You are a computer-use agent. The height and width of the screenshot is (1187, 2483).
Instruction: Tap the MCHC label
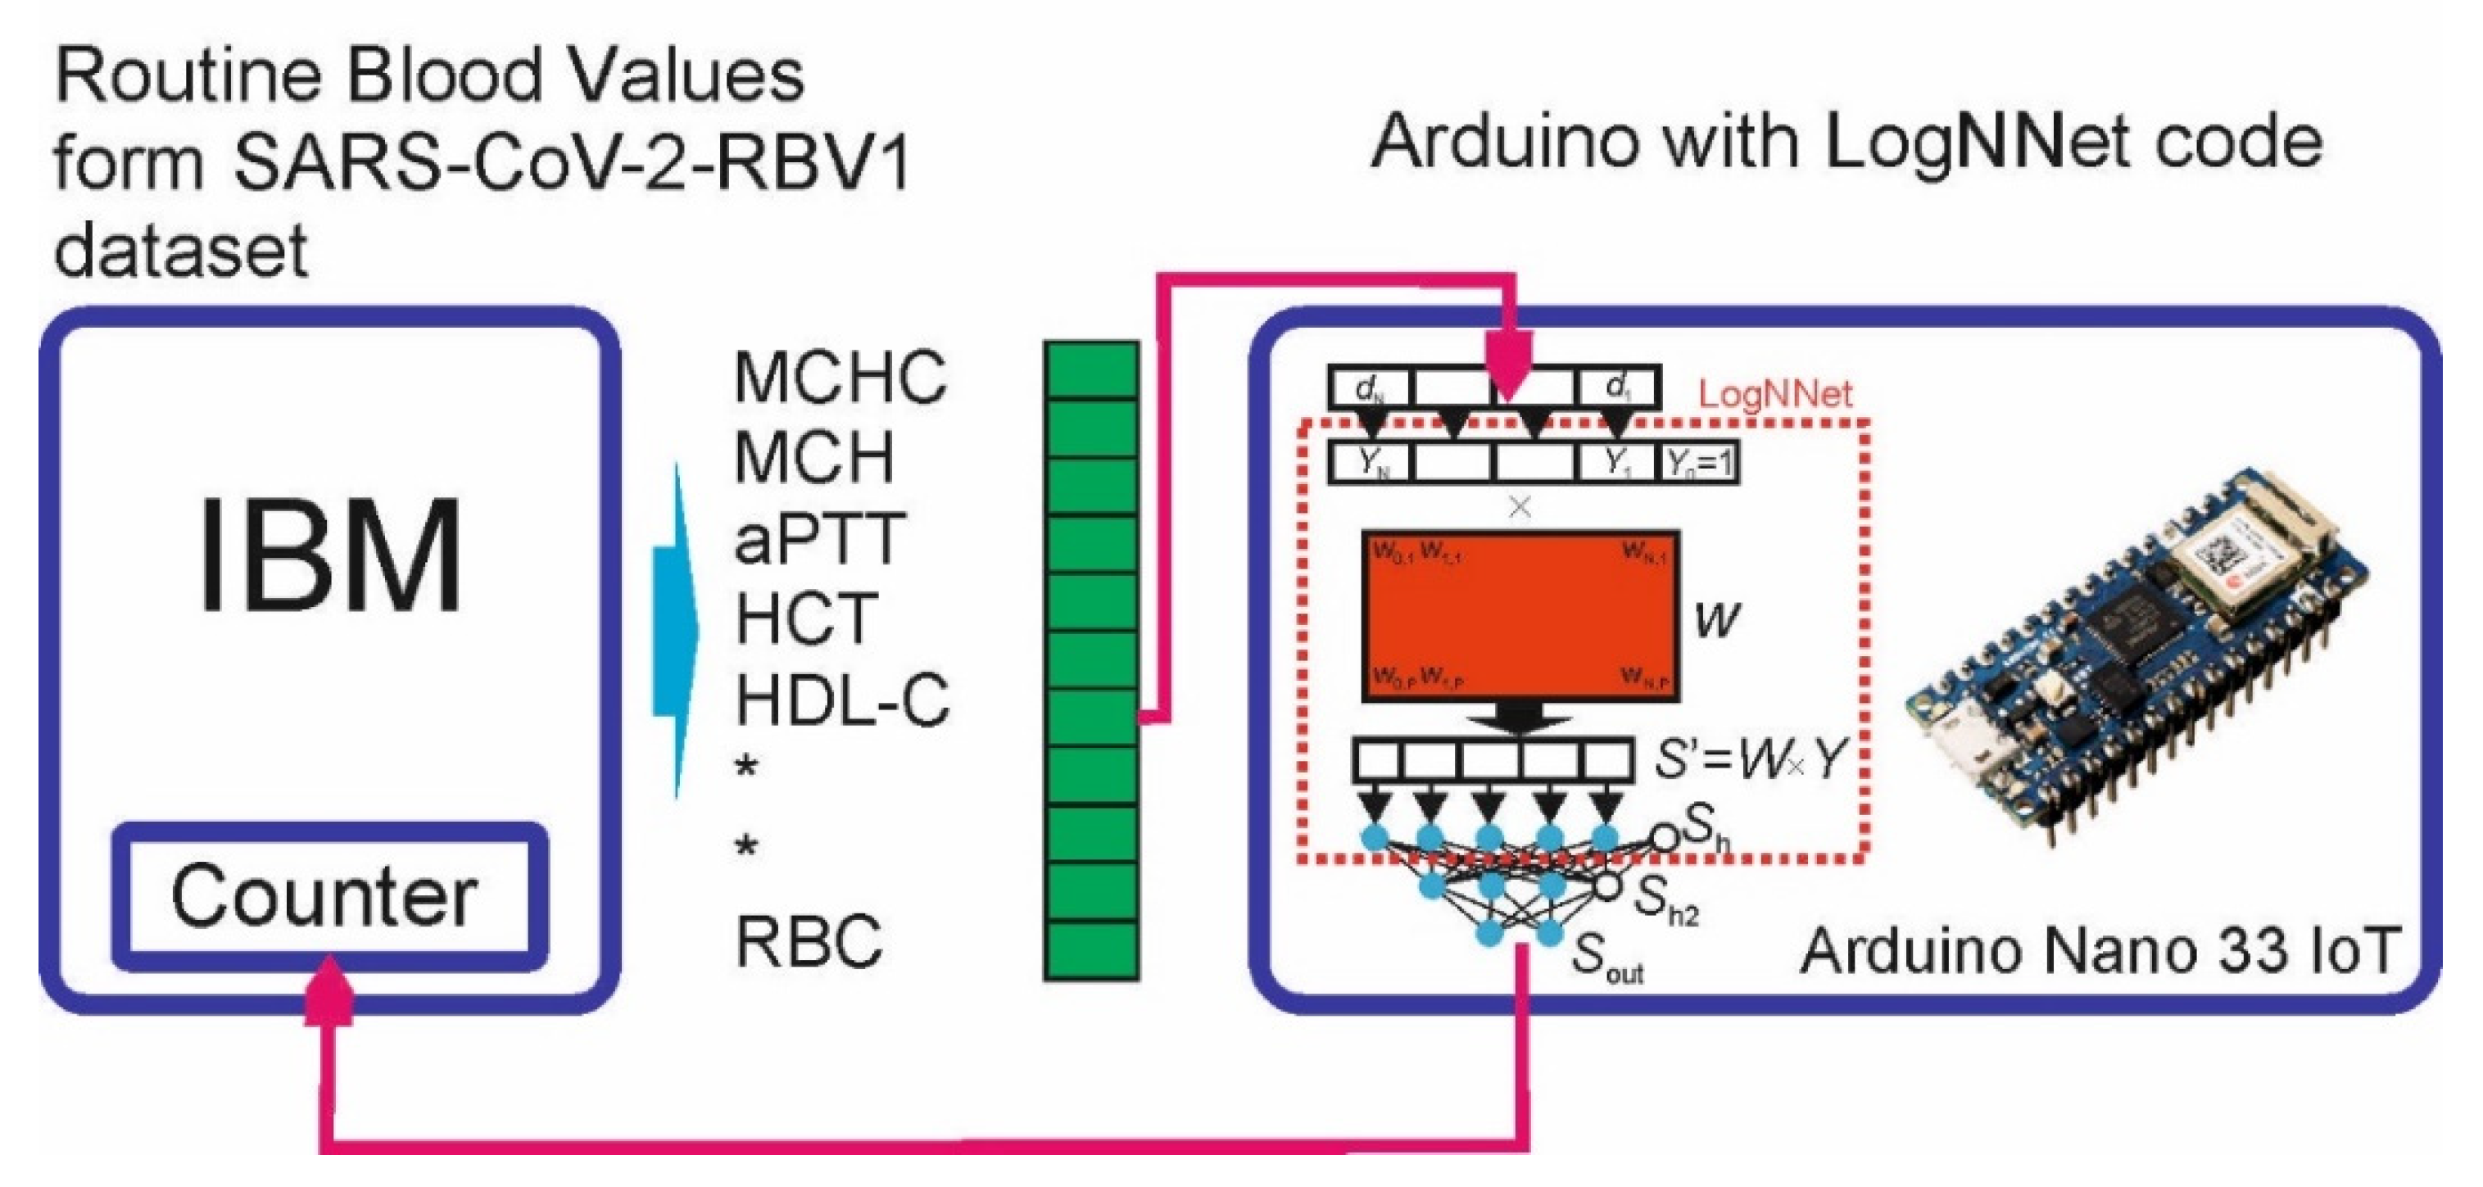(840, 377)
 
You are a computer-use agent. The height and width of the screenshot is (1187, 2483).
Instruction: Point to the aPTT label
(818, 538)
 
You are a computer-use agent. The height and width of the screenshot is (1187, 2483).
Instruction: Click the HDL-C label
(841, 700)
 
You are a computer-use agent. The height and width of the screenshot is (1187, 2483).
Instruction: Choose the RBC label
(808, 941)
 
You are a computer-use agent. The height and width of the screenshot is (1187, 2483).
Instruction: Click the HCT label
(806, 619)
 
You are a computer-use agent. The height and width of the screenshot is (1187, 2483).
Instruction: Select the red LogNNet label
(1774, 394)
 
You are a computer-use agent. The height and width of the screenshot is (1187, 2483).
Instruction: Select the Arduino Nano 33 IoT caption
(2097, 951)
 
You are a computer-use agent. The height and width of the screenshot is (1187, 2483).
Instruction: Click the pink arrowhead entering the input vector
(1508, 361)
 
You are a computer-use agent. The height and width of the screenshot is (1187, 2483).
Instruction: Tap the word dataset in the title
(180, 251)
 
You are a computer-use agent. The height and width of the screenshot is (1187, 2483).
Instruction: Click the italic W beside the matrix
(1717, 619)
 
